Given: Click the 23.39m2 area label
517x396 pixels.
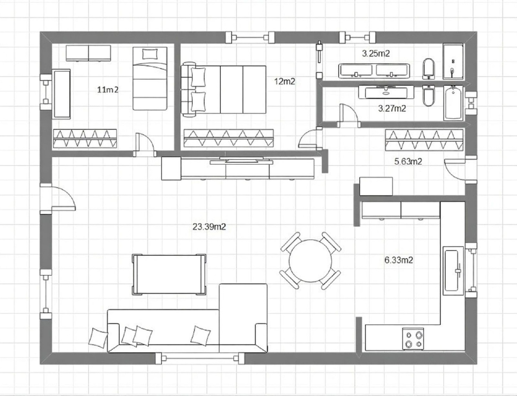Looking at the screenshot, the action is pyautogui.click(x=209, y=226).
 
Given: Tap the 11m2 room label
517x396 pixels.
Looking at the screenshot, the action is pyautogui.click(x=108, y=89).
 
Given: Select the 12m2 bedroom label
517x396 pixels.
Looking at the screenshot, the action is pyautogui.click(x=285, y=81).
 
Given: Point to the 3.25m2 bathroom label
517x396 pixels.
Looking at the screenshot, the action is pyautogui.click(x=376, y=53).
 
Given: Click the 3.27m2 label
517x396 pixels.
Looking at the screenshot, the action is pyautogui.click(x=392, y=108).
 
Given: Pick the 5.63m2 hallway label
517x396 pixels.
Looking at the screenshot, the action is pyautogui.click(x=408, y=161).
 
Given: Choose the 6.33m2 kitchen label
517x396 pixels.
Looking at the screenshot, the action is pyautogui.click(x=398, y=260).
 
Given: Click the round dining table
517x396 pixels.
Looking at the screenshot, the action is pyautogui.click(x=310, y=261).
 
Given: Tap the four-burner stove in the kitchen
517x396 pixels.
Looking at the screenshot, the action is pyautogui.click(x=413, y=339).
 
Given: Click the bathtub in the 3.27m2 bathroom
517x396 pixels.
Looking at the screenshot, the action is pyautogui.click(x=453, y=103).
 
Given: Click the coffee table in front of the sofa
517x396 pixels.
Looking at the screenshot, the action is pyautogui.click(x=169, y=274).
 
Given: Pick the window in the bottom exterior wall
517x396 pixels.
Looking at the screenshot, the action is pyautogui.click(x=199, y=358).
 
